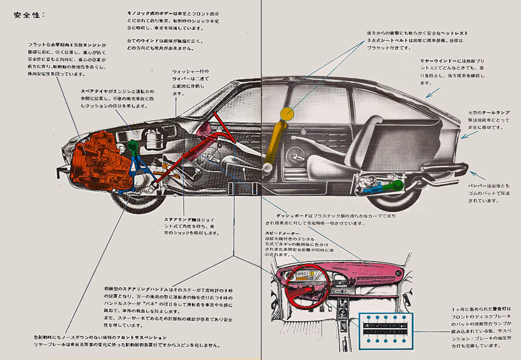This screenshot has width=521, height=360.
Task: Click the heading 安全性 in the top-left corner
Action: tap(29, 15)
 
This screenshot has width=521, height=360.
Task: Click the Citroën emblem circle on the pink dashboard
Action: tap(398, 274)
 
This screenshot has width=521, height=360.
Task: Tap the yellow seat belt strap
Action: tap(275, 143)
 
